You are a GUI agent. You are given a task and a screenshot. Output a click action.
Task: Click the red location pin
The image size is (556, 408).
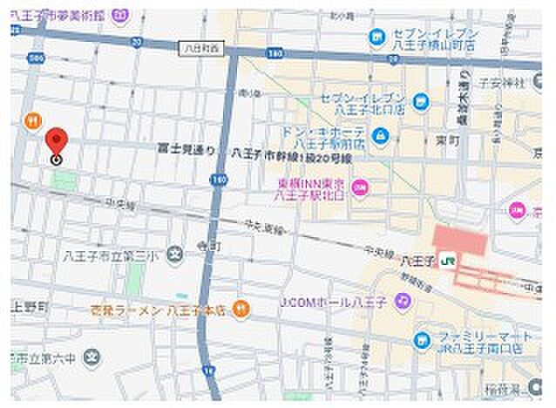pos(57,141)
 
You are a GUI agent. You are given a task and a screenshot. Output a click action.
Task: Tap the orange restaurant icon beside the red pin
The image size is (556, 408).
pos(31,121)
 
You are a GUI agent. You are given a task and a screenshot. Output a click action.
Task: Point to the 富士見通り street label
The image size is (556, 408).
pos(186,151)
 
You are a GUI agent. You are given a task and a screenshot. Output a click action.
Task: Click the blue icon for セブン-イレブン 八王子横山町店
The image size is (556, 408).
pos(376,37)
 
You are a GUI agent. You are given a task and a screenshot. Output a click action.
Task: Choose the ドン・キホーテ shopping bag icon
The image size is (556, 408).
pos(381,135)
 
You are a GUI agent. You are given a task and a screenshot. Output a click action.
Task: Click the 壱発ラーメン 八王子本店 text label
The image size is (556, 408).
pos(162,308)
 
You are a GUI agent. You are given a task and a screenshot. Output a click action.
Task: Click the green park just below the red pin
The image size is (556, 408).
pos(63,180)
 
